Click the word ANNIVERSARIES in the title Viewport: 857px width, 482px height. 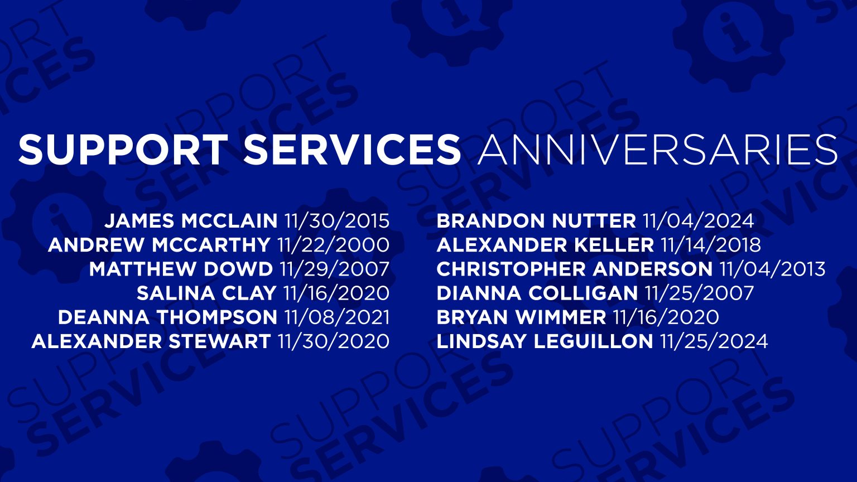[x=657, y=150]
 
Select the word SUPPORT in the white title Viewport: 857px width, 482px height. [x=123, y=150]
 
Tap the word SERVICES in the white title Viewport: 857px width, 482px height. [x=352, y=150]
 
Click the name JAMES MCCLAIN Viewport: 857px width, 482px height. [x=191, y=221]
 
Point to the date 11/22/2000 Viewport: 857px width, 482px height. [x=333, y=245]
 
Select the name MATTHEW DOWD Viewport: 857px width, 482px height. [x=181, y=269]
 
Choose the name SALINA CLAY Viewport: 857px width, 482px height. [x=206, y=293]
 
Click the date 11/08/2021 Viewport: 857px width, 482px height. [x=337, y=317]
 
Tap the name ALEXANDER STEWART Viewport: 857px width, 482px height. [x=151, y=341]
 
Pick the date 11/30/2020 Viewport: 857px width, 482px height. [x=334, y=341]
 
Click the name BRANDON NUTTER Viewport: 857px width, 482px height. [x=536, y=221]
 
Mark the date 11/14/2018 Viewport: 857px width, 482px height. [x=710, y=245]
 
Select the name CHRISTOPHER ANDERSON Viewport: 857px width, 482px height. [x=574, y=269]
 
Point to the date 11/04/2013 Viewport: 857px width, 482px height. [x=772, y=269]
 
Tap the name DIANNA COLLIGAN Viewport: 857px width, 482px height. [x=537, y=293]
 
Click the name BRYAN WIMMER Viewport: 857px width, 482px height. [x=521, y=317]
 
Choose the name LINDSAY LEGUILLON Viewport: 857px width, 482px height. [x=545, y=341]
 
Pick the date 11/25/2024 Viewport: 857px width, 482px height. [x=714, y=341]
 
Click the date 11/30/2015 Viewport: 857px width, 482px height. [x=336, y=221]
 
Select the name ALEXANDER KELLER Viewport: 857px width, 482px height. [x=545, y=245]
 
